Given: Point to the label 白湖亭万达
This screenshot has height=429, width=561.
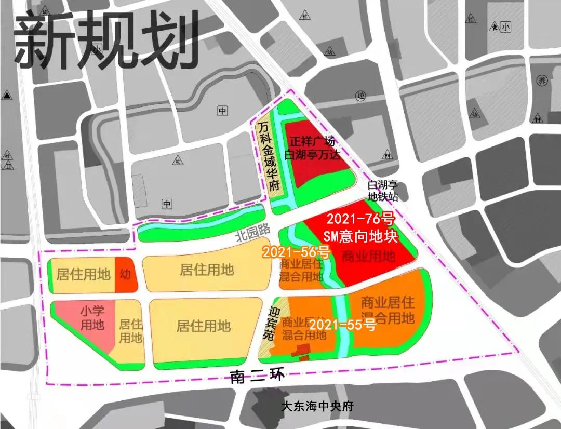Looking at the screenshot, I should pyautogui.click(x=313, y=155).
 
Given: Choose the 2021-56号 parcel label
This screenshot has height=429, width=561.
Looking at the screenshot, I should pyautogui.click(x=296, y=253).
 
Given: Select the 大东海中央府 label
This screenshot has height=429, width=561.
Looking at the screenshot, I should pyautogui.click(x=316, y=406).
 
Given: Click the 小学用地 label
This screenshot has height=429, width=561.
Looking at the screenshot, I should pyautogui.click(x=92, y=318).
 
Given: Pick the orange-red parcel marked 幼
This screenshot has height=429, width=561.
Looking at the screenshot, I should pyautogui.click(x=125, y=274).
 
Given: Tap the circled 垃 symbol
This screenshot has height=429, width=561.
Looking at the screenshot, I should pyautogui.click(x=361, y=95).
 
